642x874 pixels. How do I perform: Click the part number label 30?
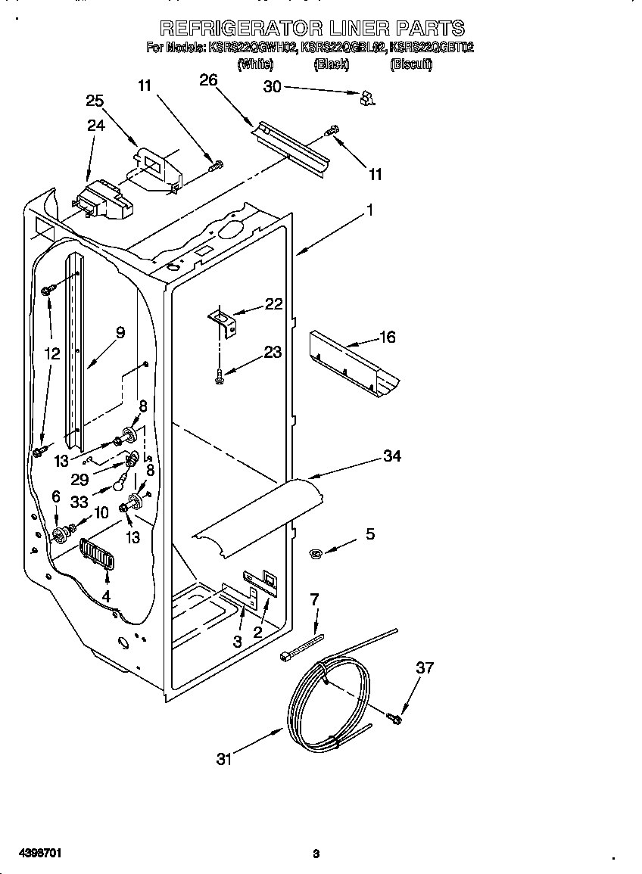point(272,87)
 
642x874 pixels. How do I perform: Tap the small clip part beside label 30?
point(367,96)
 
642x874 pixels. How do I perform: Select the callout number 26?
point(208,80)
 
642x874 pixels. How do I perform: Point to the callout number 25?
point(95,101)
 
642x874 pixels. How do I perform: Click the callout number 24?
point(95,126)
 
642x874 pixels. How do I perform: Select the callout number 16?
point(387,337)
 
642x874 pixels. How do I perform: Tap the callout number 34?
point(391,456)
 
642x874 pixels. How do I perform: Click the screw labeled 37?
point(394,716)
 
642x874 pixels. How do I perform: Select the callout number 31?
point(223,760)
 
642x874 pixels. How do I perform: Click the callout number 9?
point(120,331)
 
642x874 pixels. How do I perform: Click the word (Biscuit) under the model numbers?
point(410,65)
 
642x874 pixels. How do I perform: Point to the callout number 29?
point(79,480)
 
